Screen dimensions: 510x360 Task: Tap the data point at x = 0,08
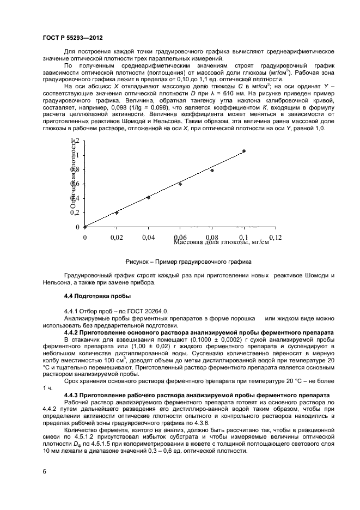coord(212,171)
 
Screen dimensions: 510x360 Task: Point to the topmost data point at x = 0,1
coord(244,151)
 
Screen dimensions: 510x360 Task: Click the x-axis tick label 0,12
coord(276,238)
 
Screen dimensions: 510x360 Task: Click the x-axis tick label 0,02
coord(117,238)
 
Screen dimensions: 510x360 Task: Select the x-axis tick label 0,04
coord(149,238)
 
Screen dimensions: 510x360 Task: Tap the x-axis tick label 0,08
coord(212,238)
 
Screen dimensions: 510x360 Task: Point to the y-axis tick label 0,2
coord(75,212)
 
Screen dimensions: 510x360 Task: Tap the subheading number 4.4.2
coord(72,332)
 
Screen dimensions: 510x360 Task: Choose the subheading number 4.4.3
coord(72,393)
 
